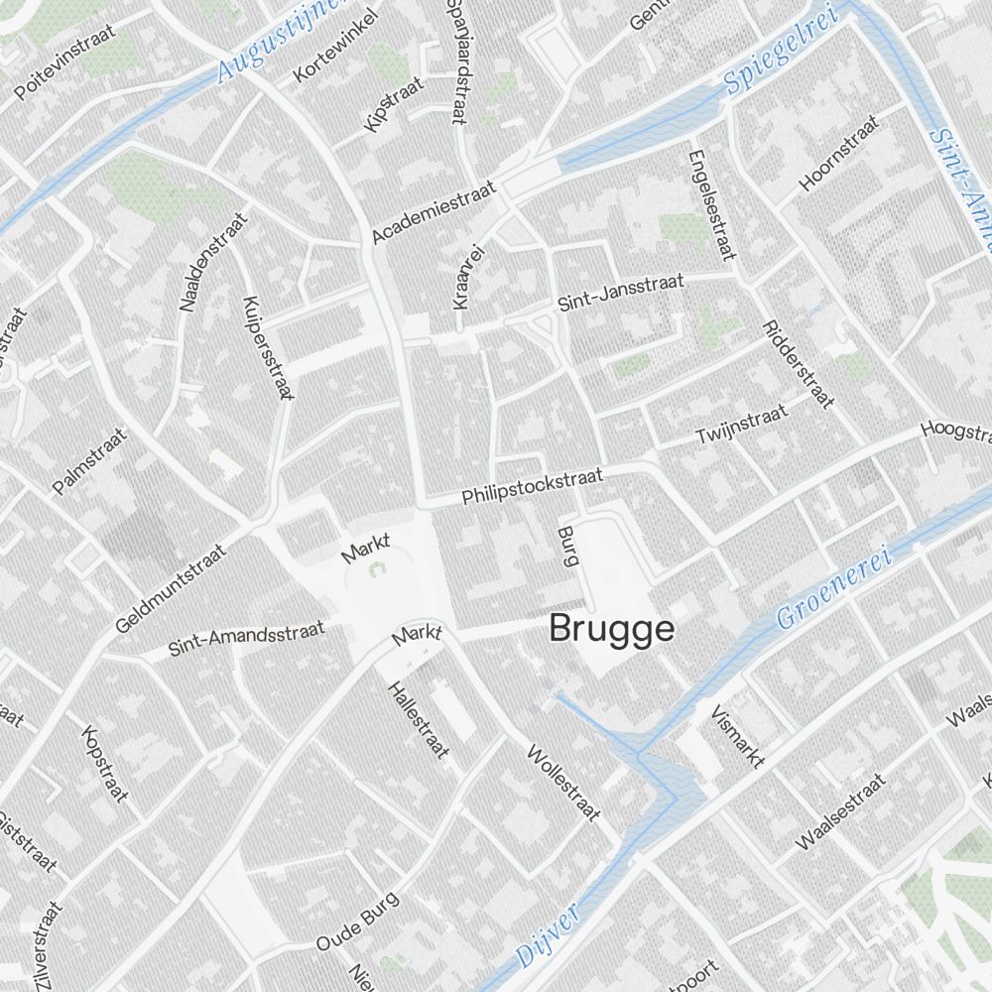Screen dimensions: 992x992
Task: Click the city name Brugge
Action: click(611, 629)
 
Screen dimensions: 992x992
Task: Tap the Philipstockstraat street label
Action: click(533, 486)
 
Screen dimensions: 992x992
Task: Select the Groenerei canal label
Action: click(835, 586)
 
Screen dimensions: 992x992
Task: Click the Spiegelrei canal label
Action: click(781, 50)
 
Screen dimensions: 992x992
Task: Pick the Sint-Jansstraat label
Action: click(621, 294)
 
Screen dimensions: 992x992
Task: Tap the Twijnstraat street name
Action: click(741, 424)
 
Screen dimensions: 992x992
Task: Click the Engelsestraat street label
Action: click(711, 203)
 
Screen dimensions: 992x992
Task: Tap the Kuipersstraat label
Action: click(268, 347)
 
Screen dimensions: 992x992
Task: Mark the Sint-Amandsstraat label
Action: click(247, 639)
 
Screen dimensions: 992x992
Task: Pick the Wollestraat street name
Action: click(563, 783)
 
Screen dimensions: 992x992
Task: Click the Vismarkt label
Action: click(737, 737)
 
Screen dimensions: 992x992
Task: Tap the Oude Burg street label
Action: click(357, 922)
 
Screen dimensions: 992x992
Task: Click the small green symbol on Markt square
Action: click(377, 570)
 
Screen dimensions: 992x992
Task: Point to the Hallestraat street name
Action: click(417, 720)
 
